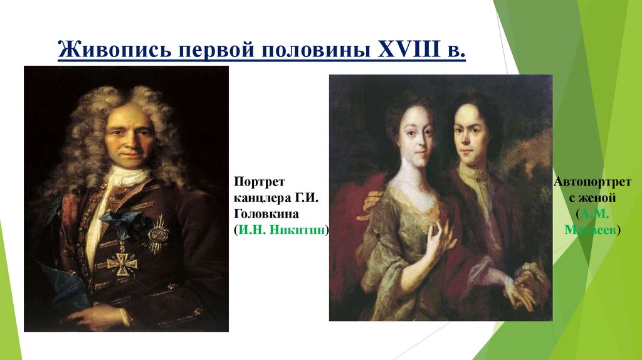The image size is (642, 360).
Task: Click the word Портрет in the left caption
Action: [260, 182]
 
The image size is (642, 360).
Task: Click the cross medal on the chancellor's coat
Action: [122, 263]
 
